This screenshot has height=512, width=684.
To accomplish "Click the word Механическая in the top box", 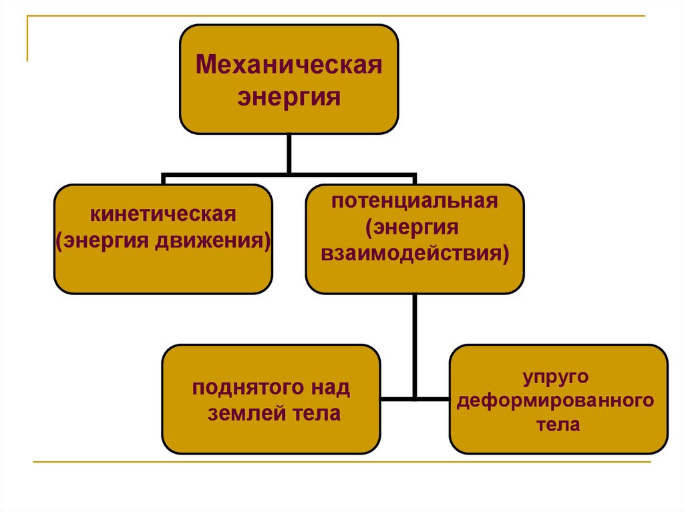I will (289, 67).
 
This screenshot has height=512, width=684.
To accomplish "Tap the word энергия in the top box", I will (289, 98).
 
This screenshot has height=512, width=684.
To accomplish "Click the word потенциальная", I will (415, 202).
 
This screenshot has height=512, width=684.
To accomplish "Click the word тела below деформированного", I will (558, 425).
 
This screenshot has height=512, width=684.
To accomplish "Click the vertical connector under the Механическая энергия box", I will (289, 154).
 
